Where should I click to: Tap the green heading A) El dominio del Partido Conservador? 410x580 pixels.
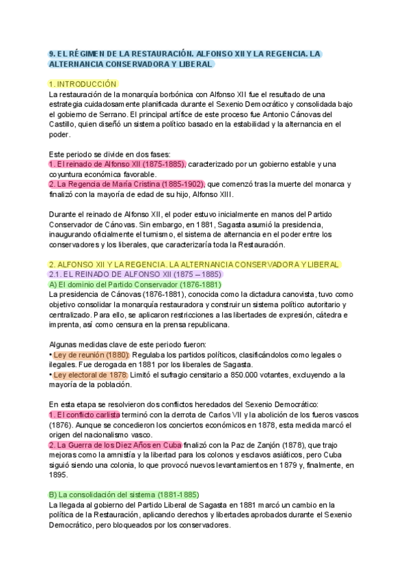pos(135,284)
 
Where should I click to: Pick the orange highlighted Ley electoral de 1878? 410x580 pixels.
pos(90,375)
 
